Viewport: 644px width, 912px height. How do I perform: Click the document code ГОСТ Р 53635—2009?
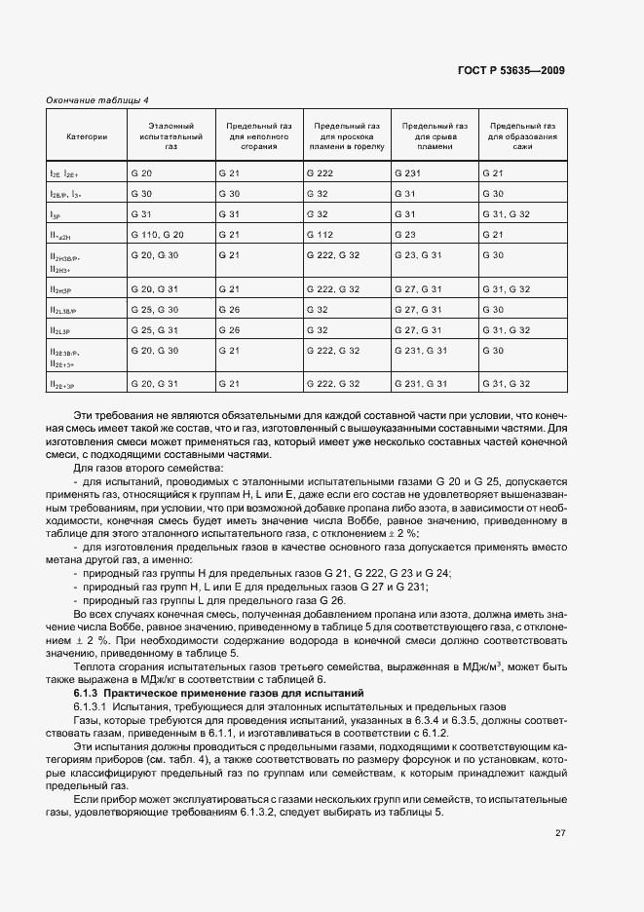511,70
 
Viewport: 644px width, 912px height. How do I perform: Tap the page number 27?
560,805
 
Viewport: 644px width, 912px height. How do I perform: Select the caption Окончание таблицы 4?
97,100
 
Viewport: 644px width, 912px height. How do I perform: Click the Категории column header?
87,136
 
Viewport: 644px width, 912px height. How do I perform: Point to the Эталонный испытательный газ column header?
170,136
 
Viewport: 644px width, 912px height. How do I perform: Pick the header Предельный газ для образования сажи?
521,136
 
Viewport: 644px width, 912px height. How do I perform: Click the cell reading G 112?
320,235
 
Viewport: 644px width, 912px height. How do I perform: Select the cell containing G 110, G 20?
157,235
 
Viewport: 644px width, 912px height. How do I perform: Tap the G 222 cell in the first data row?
320,172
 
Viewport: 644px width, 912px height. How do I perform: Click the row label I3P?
56,213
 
